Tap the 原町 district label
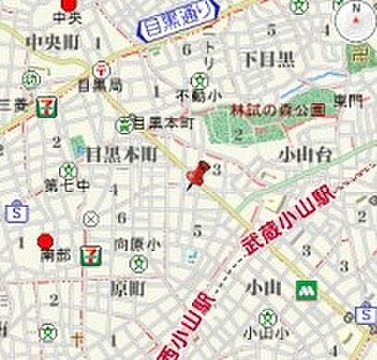coord(127,288)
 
